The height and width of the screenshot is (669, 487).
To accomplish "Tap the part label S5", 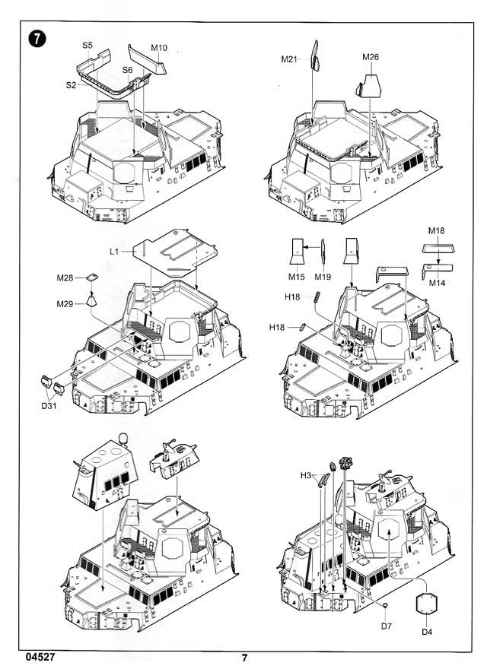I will (x=88, y=46).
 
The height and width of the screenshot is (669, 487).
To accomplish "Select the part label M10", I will (x=158, y=48).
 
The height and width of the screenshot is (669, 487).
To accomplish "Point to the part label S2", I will (x=70, y=85).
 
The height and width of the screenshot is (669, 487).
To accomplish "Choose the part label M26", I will (x=371, y=57).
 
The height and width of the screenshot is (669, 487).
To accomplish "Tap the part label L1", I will (x=115, y=249).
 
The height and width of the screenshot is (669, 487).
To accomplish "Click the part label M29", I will (x=66, y=305).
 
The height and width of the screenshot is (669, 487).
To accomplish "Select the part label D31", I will (x=51, y=403).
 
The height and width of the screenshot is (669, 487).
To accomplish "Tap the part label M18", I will (x=436, y=230).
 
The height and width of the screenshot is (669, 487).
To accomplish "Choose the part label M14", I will (x=437, y=282).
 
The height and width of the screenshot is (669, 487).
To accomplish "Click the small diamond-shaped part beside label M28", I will (x=91, y=277).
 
